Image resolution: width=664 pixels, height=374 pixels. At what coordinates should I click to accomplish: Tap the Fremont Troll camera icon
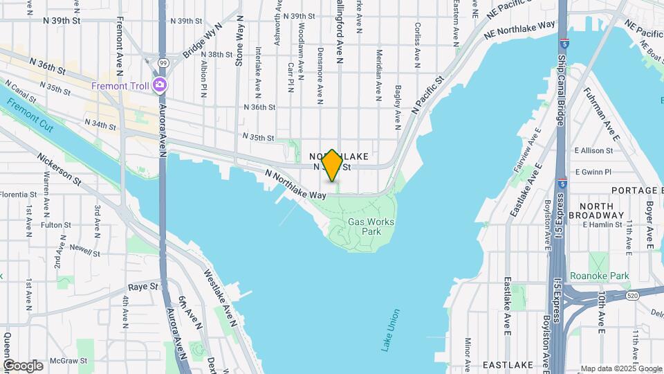160,85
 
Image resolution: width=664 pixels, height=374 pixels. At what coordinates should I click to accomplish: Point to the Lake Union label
391,330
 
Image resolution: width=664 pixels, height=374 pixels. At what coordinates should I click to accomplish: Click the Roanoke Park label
600,276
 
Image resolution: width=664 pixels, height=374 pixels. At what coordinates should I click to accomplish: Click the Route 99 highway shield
163,62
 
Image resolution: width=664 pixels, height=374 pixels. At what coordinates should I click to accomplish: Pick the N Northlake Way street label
296,185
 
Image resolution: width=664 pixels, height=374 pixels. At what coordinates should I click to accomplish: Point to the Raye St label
143,285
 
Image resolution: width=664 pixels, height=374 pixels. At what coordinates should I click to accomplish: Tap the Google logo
22,366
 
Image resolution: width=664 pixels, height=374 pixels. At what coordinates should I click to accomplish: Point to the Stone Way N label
240,42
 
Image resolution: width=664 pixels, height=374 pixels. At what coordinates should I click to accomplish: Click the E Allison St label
593,150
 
